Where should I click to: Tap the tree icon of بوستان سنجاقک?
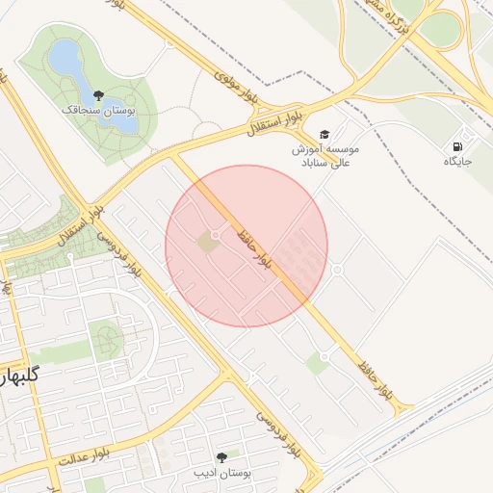(x=98, y=95)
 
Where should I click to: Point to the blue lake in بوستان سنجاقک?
(x=66, y=62)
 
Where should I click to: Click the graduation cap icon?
(x=324, y=133)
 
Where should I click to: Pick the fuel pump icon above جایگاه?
(x=455, y=145)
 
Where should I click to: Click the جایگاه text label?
(x=457, y=162)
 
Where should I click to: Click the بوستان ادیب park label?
(x=222, y=474)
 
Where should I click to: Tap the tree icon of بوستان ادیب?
(x=222, y=457)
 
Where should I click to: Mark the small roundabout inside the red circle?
(x=216, y=235)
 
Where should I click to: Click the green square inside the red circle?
(x=207, y=243)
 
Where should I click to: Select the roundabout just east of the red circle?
(x=337, y=270)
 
